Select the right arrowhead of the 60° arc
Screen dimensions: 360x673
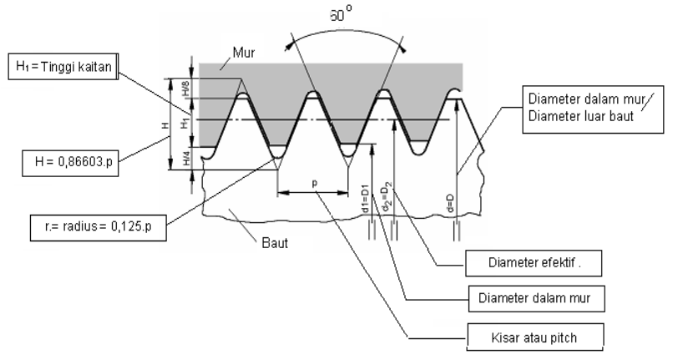tap(402, 48)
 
